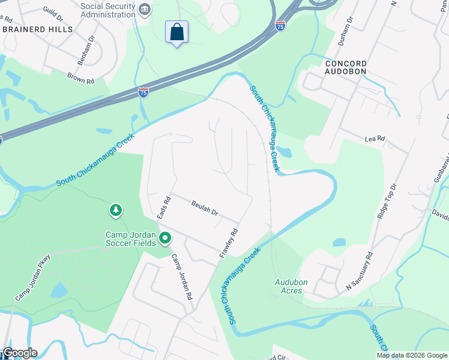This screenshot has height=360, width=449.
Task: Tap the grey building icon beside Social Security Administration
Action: click(144, 9)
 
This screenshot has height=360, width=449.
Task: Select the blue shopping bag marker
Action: click(177, 32)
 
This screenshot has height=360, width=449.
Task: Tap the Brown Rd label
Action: click(81, 78)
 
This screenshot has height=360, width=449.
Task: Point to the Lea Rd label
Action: click(375, 139)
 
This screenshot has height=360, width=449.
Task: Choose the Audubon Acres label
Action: click(291, 286)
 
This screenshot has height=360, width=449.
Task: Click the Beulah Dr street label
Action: click(204, 212)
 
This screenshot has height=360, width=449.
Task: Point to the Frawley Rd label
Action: click(229, 243)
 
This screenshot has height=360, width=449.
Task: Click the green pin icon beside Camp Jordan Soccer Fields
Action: click(165, 239)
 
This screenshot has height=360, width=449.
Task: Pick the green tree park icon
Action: click(115, 211)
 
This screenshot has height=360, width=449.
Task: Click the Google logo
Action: click(20, 353)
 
